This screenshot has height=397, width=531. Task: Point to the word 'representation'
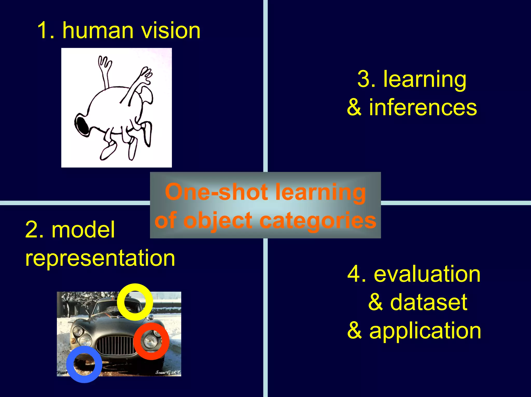pos(100,258)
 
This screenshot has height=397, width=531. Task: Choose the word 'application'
pos(425,330)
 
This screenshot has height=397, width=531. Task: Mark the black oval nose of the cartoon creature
pos(83,125)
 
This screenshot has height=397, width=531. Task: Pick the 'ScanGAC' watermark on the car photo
pos(168,372)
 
